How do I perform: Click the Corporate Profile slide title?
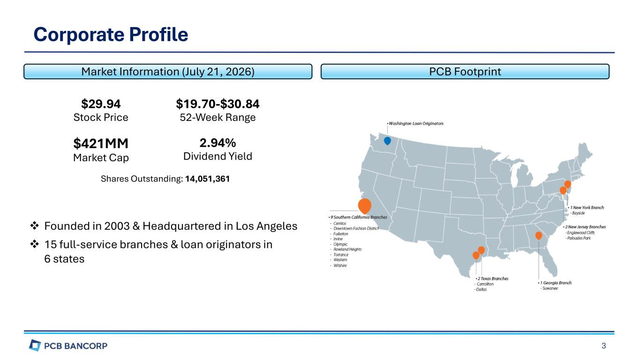point(111,35)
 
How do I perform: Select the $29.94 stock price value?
point(101,104)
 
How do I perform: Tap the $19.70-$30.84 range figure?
point(218,104)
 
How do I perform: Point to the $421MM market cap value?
point(101,143)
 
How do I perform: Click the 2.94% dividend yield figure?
point(218,143)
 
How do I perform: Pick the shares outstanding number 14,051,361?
point(207,179)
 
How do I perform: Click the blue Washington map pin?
point(387,141)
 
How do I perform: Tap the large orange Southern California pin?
point(365,206)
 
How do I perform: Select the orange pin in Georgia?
point(539,236)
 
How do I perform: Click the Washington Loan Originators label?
point(416,123)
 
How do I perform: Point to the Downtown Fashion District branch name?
point(356,229)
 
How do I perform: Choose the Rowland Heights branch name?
point(347,249)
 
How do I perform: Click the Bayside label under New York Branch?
point(579,213)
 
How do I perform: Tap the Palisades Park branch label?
point(579,238)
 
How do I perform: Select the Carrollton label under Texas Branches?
point(485,284)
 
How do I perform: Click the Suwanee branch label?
point(550,288)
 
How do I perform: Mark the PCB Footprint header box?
point(465,71)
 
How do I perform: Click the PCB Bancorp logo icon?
point(35,345)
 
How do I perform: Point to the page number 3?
point(604,346)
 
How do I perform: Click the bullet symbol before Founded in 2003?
point(35,226)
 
